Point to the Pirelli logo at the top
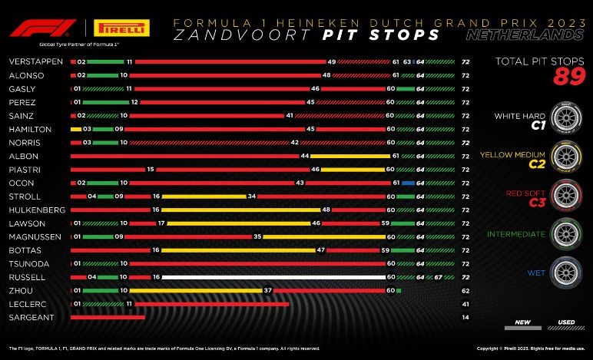pos(118,28)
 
